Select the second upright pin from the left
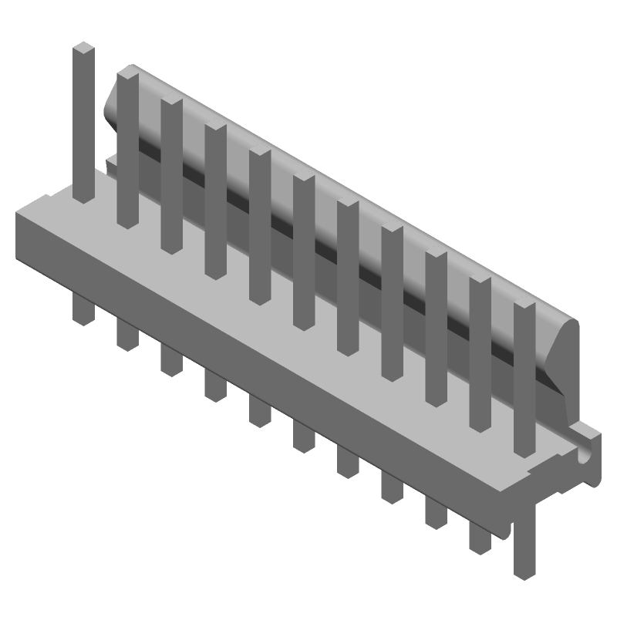(x=128, y=147)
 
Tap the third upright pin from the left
(x=171, y=174)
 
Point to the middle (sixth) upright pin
(x=303, y=251)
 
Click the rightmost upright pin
(x=524, y=378)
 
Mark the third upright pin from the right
(x=436, y=328)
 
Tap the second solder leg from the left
(x=127, y=333)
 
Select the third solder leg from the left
(x=171, y=359)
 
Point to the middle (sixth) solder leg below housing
(x=303, y=436)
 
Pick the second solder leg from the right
(x=480, y=532)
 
